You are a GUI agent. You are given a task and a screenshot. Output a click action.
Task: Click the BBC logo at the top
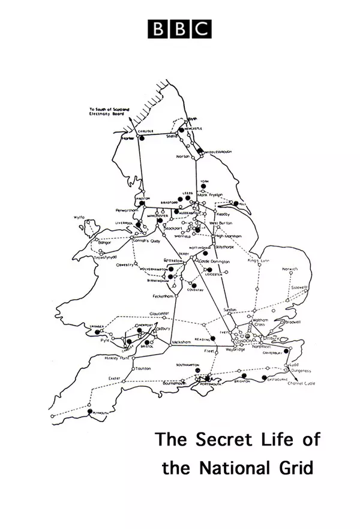pos(180,28)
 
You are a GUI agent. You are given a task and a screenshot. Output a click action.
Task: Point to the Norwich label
pos(290,268)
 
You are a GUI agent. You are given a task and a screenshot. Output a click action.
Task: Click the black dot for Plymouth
pos(91,411)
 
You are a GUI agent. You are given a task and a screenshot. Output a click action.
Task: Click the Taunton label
pos(143,368)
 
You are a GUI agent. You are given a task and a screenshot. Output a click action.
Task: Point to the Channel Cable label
pos(301,382)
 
